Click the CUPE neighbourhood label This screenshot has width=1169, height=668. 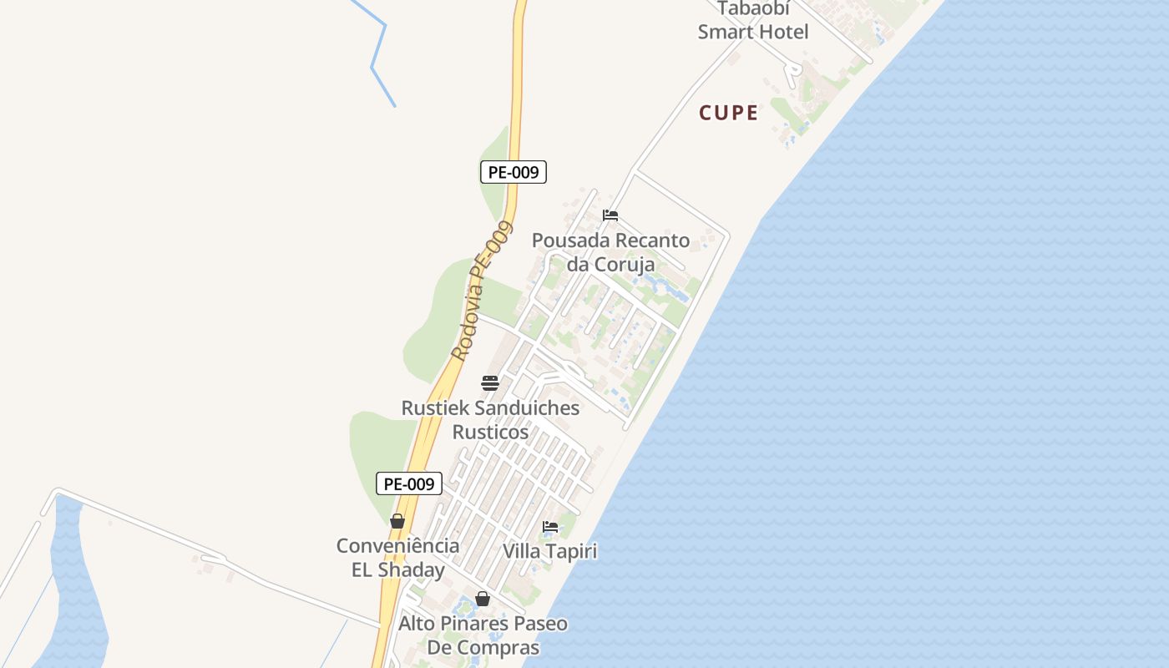point(729,113)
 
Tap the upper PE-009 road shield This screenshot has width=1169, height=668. point(514,173)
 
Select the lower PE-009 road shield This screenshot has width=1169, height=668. point(408,483)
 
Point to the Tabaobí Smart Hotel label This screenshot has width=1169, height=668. point(753,22)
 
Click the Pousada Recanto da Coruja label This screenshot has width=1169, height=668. point(610,252)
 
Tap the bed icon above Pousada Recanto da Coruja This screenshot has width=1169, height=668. point(610,215)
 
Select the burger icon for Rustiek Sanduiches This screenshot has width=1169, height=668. point(490,383)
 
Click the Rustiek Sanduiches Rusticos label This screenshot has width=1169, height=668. point(490,420)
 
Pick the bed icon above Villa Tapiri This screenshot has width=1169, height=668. point(550,527)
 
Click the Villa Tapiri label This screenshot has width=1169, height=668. point(550,552)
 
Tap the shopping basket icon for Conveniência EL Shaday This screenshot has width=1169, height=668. point(397,522)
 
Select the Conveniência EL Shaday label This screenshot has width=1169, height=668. point(397,558)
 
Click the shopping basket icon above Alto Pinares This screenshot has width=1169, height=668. point(483,599)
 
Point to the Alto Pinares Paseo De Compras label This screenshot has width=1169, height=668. point(483,635)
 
